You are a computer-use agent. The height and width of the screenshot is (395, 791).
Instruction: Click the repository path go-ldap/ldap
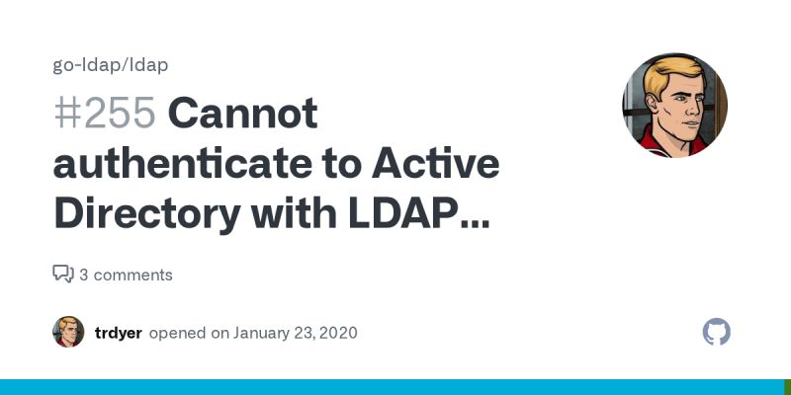(x=111, y=65)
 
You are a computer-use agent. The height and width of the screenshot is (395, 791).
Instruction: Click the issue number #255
(x=104, y=115)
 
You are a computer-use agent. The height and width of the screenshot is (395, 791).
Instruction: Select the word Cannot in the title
(x=242, y=115)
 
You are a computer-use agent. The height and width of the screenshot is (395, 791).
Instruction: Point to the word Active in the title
(x=440, y=163)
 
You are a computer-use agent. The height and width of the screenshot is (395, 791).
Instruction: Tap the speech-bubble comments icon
(x=63, y=275)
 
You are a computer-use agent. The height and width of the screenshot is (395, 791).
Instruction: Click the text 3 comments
(x=126, y=275)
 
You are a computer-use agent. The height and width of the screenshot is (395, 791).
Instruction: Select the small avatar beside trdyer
(x=68, y=332)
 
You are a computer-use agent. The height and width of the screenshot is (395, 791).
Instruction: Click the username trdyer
(x=118, y=333)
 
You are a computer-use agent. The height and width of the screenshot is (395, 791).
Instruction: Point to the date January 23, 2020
(x=295, y=333)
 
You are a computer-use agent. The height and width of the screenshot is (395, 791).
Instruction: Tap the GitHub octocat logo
(x=717, y=332)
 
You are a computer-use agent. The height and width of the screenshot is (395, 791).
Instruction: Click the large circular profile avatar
(x=675, y=105)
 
